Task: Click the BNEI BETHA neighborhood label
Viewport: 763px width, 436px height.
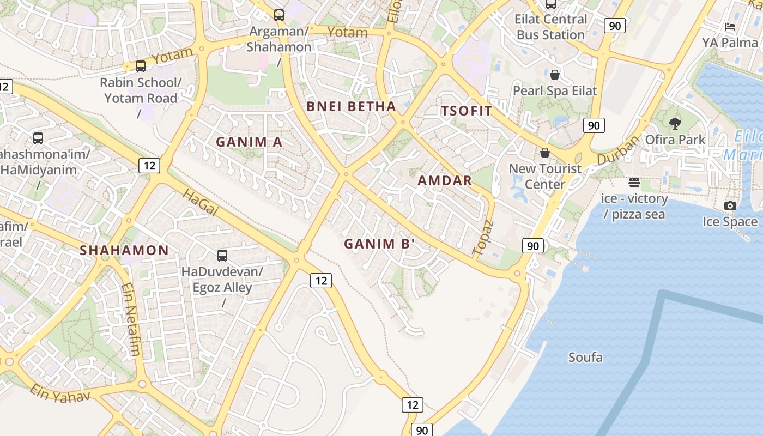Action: pyautogui.click(x=351, y=106)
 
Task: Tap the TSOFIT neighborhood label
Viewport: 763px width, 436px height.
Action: pyautogui.click(x=467, y=111)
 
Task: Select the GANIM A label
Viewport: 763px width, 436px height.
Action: pyautogui.click(x=249, y=142)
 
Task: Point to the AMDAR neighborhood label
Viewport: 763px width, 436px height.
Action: pyautogui.click(x=445, y=181)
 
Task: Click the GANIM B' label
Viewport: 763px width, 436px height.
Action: pyautogui.click(x=379, y=244)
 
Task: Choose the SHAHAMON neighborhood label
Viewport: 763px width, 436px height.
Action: pyautogui.click(x=124, y=251)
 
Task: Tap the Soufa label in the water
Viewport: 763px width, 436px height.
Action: pyautogui.click(x=585, y=358)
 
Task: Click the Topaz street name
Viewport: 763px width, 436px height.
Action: pyautogui.click(x=483, y=238)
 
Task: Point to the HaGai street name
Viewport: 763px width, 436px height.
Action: pyautogui.click(x=199, y=203)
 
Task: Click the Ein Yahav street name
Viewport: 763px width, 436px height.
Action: pyautogui.click(x=59, y=393)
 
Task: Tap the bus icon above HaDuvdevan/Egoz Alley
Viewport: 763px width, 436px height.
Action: pyautogui.click(x=222, y=255)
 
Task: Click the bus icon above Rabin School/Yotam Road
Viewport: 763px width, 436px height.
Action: pyautogui.click(x=141, y=66)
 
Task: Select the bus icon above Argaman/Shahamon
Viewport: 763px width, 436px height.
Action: pyautogui.click(x=279, y=15)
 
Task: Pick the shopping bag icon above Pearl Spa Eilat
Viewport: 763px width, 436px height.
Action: pyautogui.click(x=555, y=75)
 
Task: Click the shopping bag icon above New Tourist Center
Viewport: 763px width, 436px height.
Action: pyautogui.click(x=545, y=153)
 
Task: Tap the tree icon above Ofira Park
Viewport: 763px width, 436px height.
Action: pyautogui.click(x=675, y=124)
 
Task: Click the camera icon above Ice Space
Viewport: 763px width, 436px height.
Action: pyautogui.click(x=730, y=205)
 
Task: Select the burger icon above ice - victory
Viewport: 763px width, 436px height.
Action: pyautogui.click(x=634, y=182)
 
